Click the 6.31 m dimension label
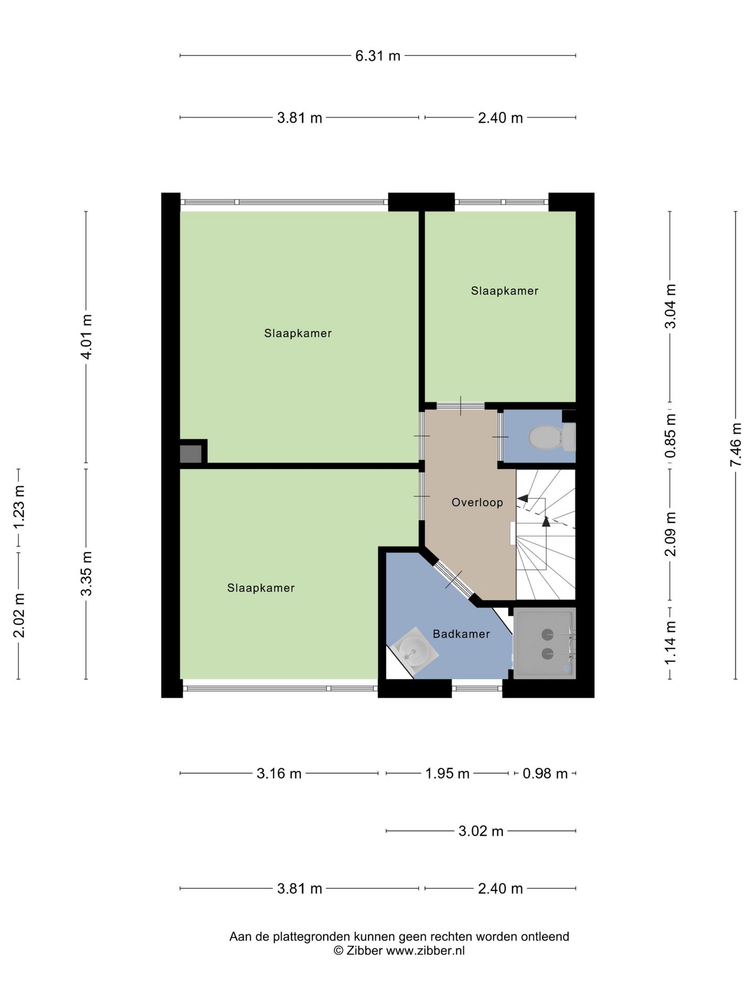point(378,55)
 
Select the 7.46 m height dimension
point(736,444)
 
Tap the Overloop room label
point(477,502)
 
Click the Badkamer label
point(461,634)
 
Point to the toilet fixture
point(552,437)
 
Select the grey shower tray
point(545,643)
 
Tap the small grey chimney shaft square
point(191,454)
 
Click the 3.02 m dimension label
point(481,831)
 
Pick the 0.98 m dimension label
point(545,773)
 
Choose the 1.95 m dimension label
point(447,773)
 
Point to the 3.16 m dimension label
point(279,773)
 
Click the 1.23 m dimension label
point(19,508)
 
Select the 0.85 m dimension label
point(670,435)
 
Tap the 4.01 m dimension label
point(87,337)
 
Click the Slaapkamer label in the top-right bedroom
point(504,291)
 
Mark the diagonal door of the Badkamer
point(453,579)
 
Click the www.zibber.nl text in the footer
point(425,951)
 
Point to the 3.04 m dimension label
point(670,306)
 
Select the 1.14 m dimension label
point(670,643)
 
